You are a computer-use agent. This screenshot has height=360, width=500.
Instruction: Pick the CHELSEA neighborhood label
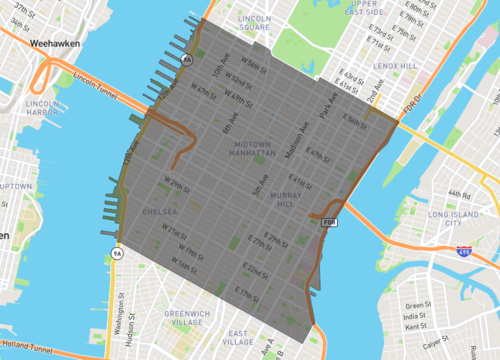[x=160, y=212]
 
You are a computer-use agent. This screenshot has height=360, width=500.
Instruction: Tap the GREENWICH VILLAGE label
[x=159, y=318]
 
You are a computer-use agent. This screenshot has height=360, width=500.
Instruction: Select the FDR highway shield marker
[x=326, y=223]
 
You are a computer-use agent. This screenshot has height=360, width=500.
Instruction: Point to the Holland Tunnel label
[x=26, y=350]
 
